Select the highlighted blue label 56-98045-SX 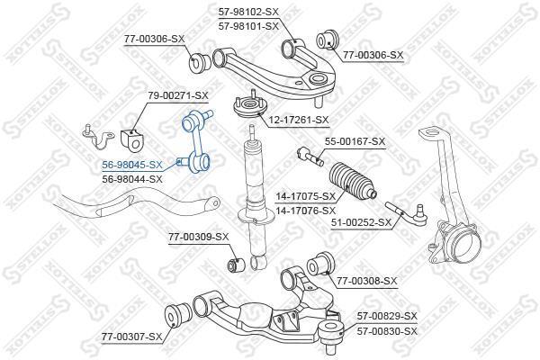click(132, 165)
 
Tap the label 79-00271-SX click(177, 94)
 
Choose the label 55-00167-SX click(355, 141)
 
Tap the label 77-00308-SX click(366, 282)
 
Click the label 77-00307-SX click(131, 336)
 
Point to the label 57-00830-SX click(386, 330)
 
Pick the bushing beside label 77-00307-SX click(178, 316)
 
